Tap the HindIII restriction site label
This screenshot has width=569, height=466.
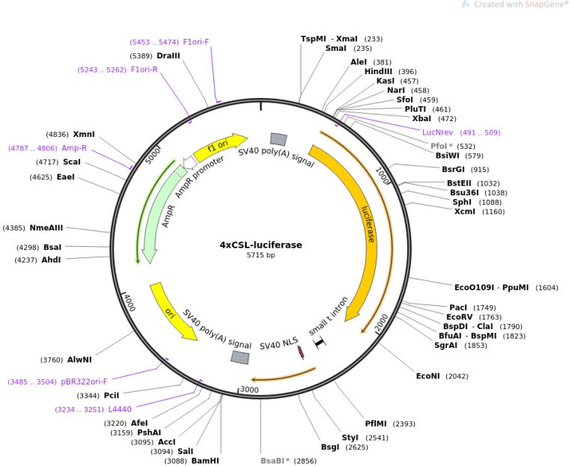coord(378,71)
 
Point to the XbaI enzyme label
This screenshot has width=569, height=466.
coord(422,118)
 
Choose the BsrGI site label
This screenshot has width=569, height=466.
coord(454,169)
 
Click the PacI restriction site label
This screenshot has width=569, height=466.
coord(457,307)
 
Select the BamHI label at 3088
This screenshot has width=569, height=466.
coord(205,461)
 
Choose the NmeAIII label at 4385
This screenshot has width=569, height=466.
coord(46,227)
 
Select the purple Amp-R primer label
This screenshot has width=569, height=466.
coord(74,148)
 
